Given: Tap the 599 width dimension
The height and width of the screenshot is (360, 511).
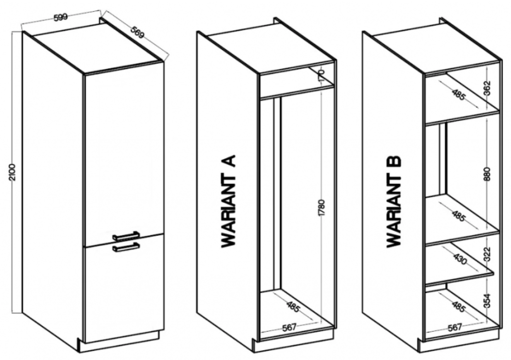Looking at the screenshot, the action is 60,17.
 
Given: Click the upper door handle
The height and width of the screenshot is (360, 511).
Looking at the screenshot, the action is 126,236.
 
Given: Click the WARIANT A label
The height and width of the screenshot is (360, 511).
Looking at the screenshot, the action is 228,201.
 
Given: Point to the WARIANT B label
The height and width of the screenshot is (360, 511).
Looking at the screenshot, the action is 394,202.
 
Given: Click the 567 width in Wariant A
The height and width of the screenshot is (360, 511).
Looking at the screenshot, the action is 289,326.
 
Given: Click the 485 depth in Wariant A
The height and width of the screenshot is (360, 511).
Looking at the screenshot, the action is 293,307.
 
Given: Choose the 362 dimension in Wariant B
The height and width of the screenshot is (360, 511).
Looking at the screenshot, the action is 487,88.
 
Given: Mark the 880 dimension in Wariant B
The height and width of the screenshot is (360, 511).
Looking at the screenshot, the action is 487,174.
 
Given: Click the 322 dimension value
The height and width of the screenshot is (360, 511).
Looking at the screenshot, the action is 487,254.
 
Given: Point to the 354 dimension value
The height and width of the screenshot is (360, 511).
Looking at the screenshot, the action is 487,301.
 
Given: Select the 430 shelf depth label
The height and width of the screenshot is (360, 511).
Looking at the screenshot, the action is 460,259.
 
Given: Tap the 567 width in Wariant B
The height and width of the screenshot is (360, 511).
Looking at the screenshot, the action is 454,327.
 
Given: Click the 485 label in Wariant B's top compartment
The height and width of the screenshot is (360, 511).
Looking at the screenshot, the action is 458,95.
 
